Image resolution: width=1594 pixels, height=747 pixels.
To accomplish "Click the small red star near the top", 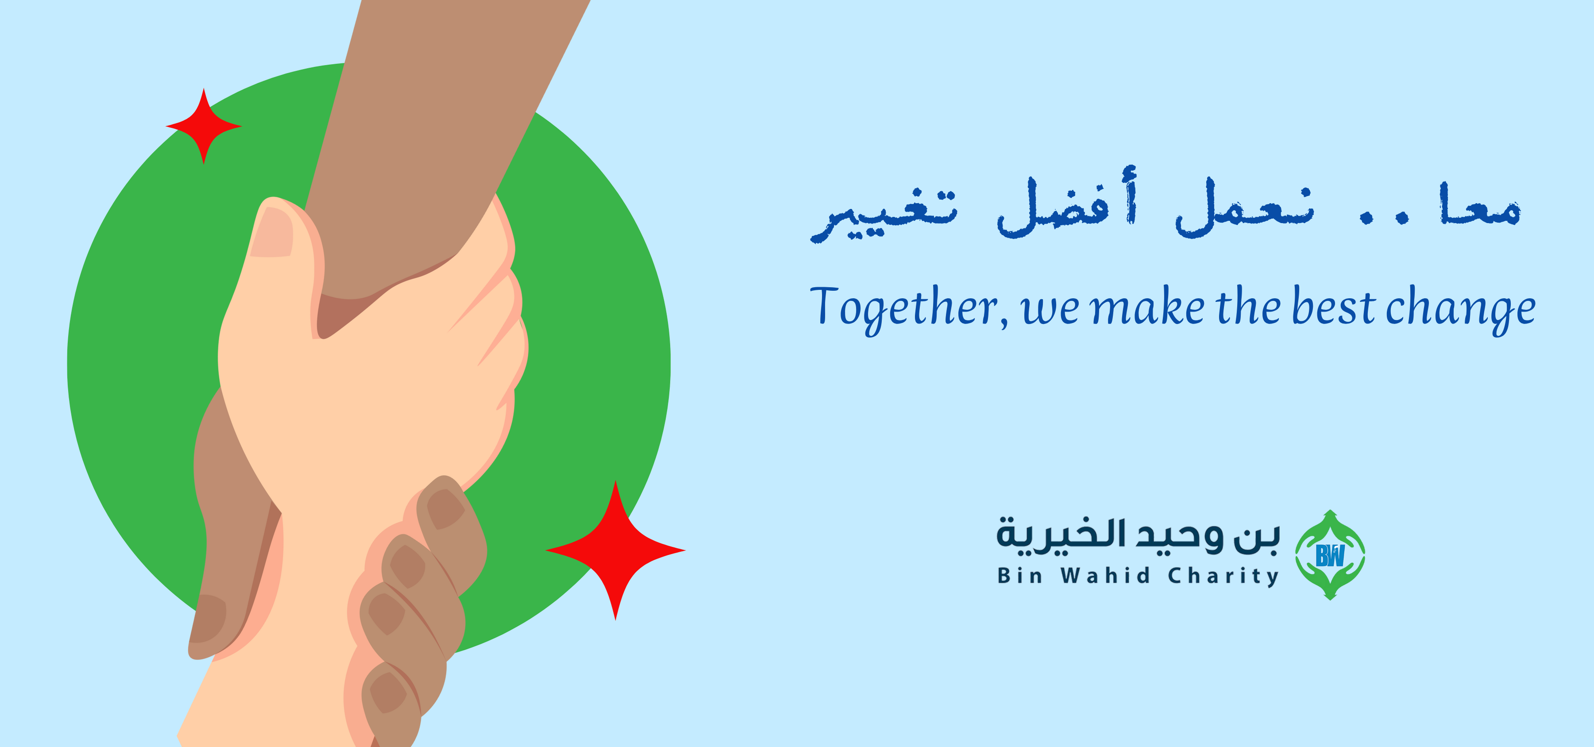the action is click(204, 126).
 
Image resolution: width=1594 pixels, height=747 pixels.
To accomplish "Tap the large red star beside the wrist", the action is click(615, 550).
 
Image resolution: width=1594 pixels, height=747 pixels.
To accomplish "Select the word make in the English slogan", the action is click(1147, 307).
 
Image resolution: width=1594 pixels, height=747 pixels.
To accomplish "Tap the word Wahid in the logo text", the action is click(1105, 576).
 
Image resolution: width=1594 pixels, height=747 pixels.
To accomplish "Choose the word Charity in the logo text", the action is click(1223, 576).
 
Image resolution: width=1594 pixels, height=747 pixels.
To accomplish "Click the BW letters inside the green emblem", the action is click(1330, 555).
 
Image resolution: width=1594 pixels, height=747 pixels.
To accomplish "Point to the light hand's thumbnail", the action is click(273, 232).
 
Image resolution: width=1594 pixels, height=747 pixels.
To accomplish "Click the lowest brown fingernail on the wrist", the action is click(388, 693).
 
